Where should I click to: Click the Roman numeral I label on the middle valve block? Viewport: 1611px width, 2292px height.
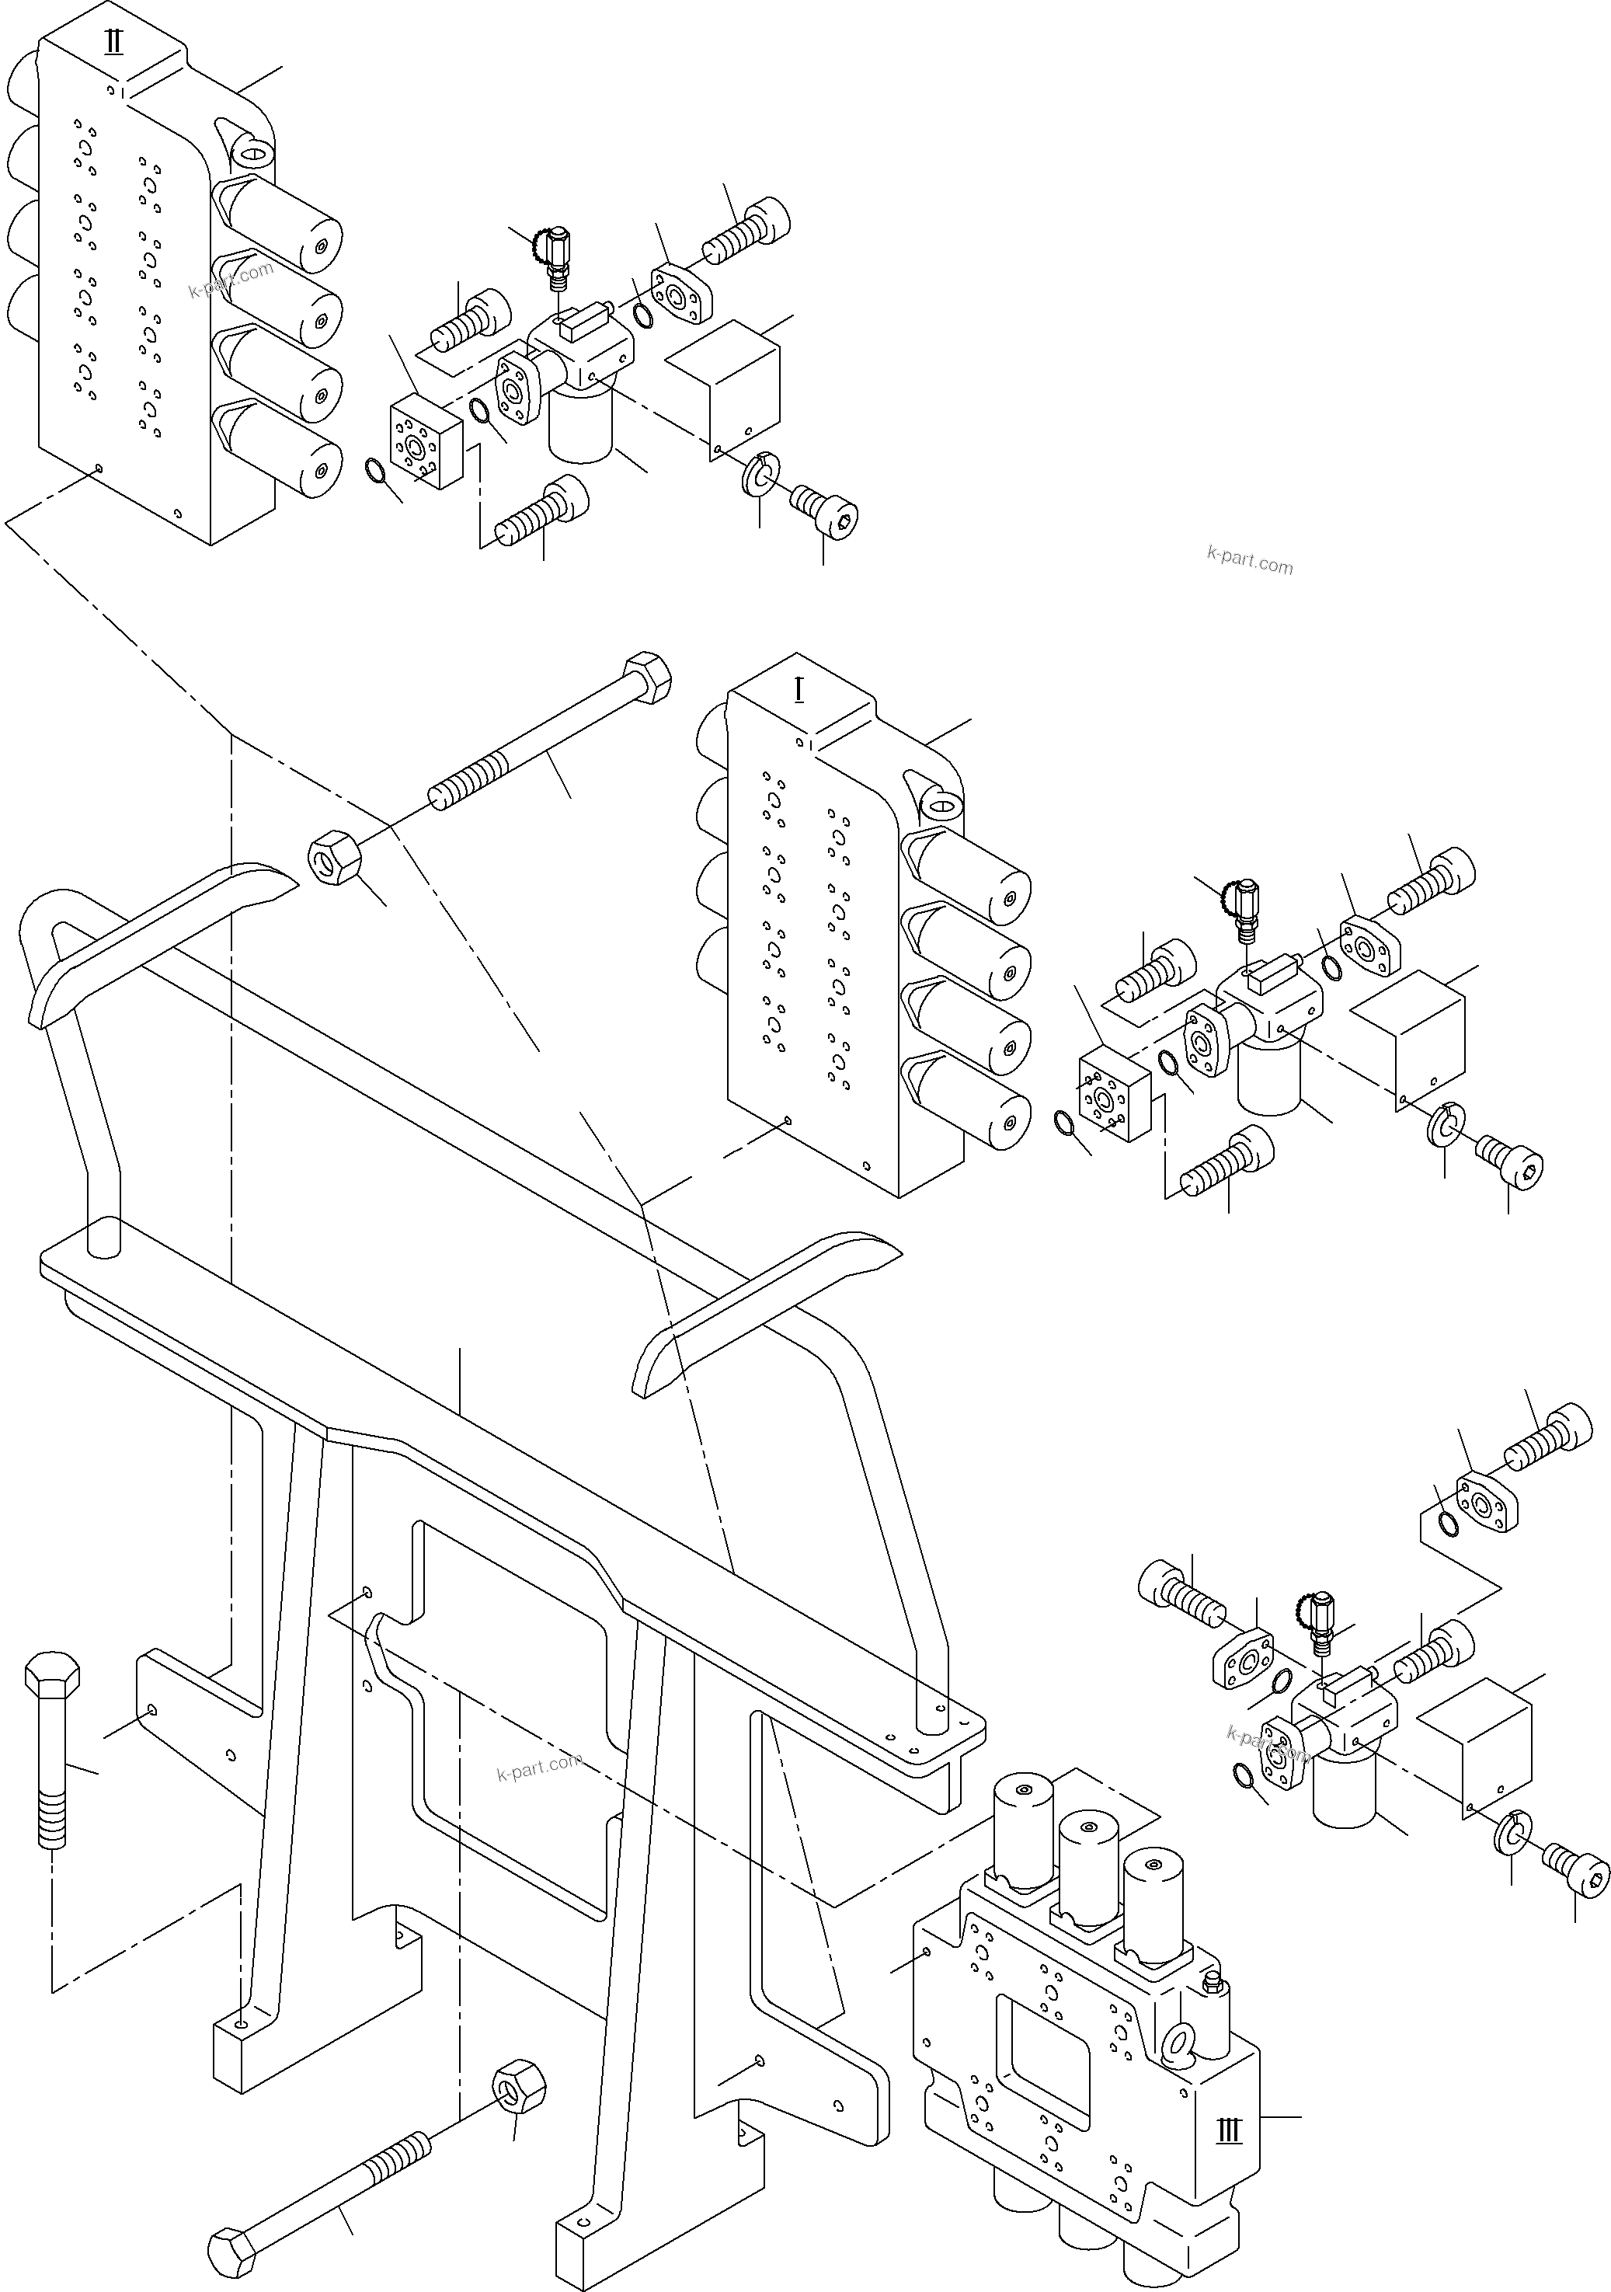click(x=799, y=690)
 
